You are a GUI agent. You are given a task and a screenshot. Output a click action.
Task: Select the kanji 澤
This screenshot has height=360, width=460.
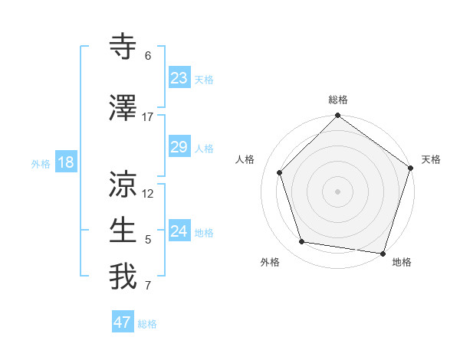pyautogui.click(x=123, y=109)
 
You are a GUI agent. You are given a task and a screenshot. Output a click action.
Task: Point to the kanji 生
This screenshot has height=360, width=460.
pyautogui.click(x=123, y=231)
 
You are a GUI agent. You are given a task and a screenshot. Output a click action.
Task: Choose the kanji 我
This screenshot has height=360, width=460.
pyautogui.click(x=123, y=277)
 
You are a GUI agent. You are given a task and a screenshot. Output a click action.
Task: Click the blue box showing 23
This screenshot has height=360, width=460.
pyautogui.click(x=179, y=77)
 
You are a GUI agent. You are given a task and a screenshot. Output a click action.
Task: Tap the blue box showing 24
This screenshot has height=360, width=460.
pyautogui.click(x=179, y=231)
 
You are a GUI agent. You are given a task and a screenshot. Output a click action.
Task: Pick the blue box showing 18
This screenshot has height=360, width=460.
pyautogui.click(x=65, y=162)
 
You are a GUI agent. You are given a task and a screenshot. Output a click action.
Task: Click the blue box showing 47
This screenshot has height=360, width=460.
pyautogui.click(x=123, y=322)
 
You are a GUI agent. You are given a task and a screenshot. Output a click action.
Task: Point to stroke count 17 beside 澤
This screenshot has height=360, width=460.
pyautogui.click(x=148, y=117)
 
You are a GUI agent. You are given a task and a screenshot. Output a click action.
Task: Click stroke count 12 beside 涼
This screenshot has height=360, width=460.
pyautogui.click(x=148, y=194)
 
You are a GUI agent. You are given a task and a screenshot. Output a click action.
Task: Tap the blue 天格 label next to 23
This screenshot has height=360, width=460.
pyautogui.click(x=204, y=79)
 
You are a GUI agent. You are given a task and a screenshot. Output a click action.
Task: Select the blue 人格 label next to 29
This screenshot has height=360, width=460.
pyautogui.click(x=204, y=148)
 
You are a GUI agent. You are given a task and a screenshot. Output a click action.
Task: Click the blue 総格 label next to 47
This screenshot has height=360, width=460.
pyautogui.click(x=147, y=324)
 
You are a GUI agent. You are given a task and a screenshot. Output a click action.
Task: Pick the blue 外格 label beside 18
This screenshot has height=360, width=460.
pyautogui.click(x=41, y=163)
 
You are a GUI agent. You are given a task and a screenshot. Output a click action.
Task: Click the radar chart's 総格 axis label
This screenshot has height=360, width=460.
pyautogui.click(x=338, y=100)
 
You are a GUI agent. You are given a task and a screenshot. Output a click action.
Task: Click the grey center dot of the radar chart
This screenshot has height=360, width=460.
pyautogui.click(x=338, y=191)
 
